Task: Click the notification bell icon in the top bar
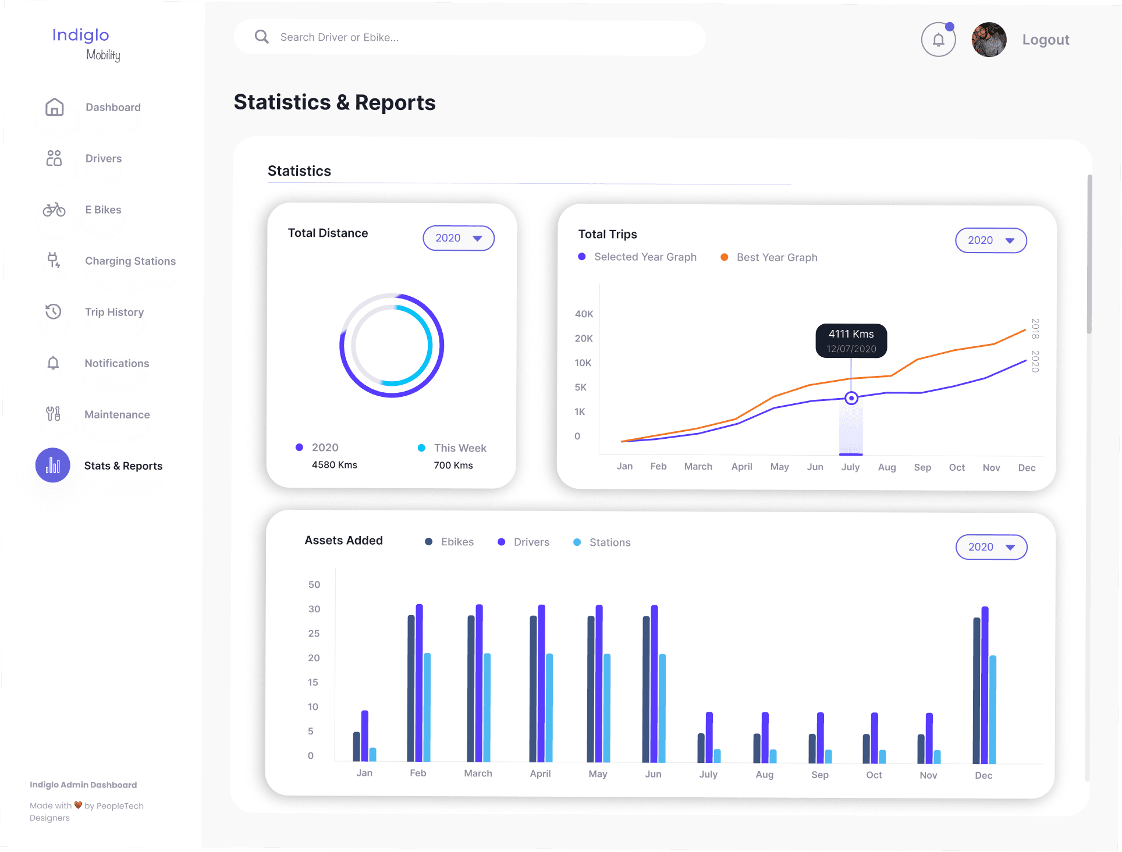tap(938, 40)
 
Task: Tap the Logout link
tap(1046, 40)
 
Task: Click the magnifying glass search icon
tap(262, 37)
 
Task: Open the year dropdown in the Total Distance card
tap(459, 238)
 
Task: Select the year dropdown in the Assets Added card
tap(992, 547)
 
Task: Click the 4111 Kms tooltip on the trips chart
tap(851, 340)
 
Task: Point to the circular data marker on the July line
tap(851, 398)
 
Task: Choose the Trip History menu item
tap(114, 312)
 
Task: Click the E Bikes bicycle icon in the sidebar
tap(54, 210)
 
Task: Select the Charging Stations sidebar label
tap(130, 261)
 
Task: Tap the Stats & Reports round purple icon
tap(53, 465)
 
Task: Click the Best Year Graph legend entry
tap(769, 257)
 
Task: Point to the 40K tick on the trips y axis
tap(584, 314)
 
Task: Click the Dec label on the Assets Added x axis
tap(983, 775)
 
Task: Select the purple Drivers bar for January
tap(365, 736)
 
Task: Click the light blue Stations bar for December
tap(993, 709)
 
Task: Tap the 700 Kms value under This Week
tap(453, 466)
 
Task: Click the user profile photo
tap(989, 40)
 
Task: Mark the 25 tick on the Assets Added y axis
tap(314, 633)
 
